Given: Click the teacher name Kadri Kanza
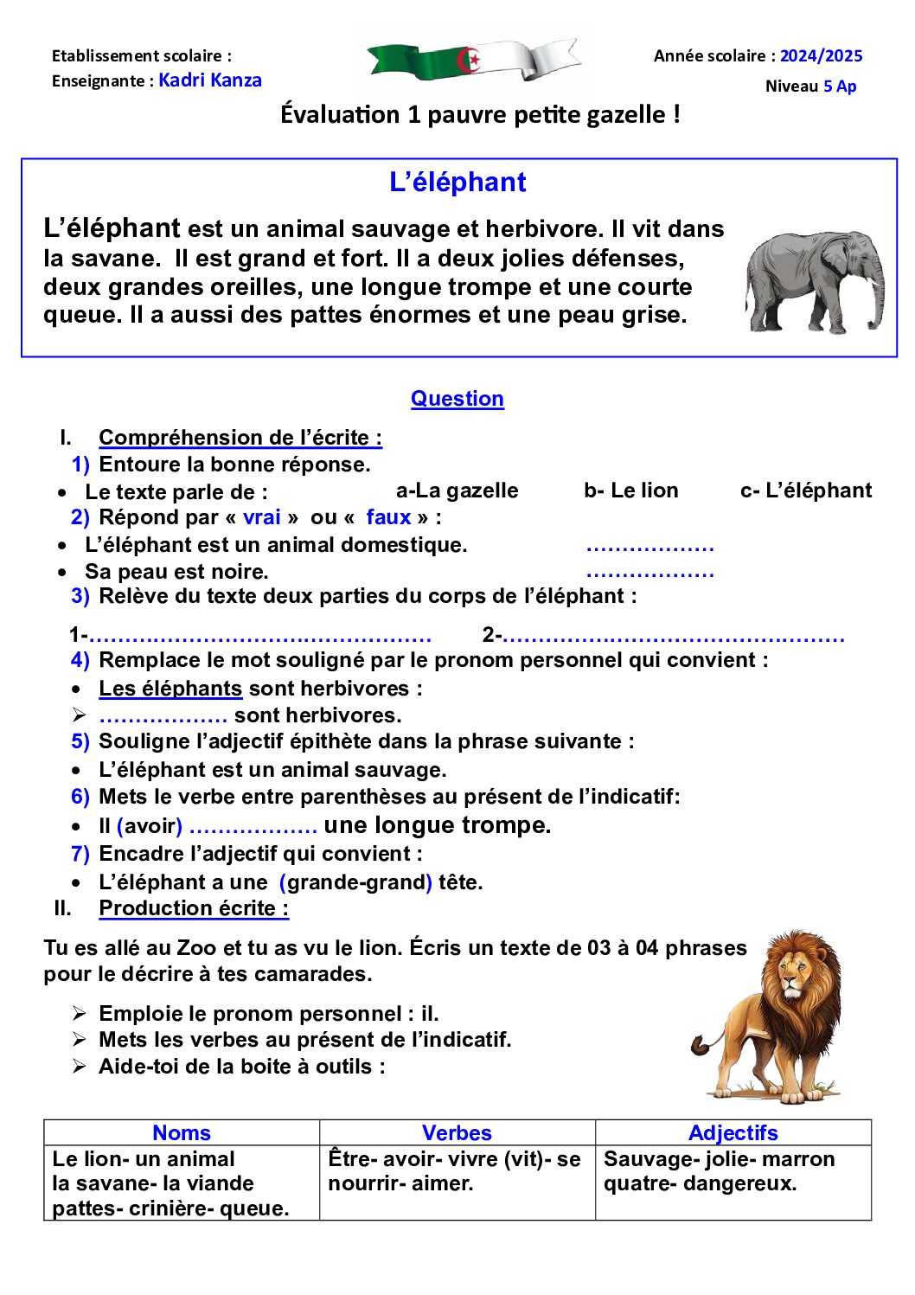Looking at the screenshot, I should click(x=210, y=80).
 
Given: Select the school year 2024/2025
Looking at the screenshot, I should click(x=821, y=56).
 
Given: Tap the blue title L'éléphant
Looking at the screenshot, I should click(x=457, y=183).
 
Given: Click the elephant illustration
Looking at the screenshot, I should click(x=814, y=281).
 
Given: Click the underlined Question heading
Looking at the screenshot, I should click(x=457, y=399).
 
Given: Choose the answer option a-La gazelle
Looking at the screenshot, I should click(x=457, y=490).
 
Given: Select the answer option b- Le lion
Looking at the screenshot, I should click(x=630, y=490).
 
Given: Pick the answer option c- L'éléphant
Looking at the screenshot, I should click(x=805, y=490).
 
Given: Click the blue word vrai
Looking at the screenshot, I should click(x=261, y=517).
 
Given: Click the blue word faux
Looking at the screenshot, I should click(x=388, y=517).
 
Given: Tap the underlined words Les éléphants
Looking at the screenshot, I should click(x=170, y=689).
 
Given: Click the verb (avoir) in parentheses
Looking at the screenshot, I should click(x=150, y=826).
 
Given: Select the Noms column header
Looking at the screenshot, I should click(x=182, y=1133).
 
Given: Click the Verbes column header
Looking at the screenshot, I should click(x=457, y=1133).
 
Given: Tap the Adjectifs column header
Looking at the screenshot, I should click(x=733, y=1133).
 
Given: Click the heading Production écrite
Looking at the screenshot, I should click(x=194, y=908).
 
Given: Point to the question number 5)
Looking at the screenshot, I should click(x=80, y=741).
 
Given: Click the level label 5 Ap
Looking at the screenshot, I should click(x=839, y=87).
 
